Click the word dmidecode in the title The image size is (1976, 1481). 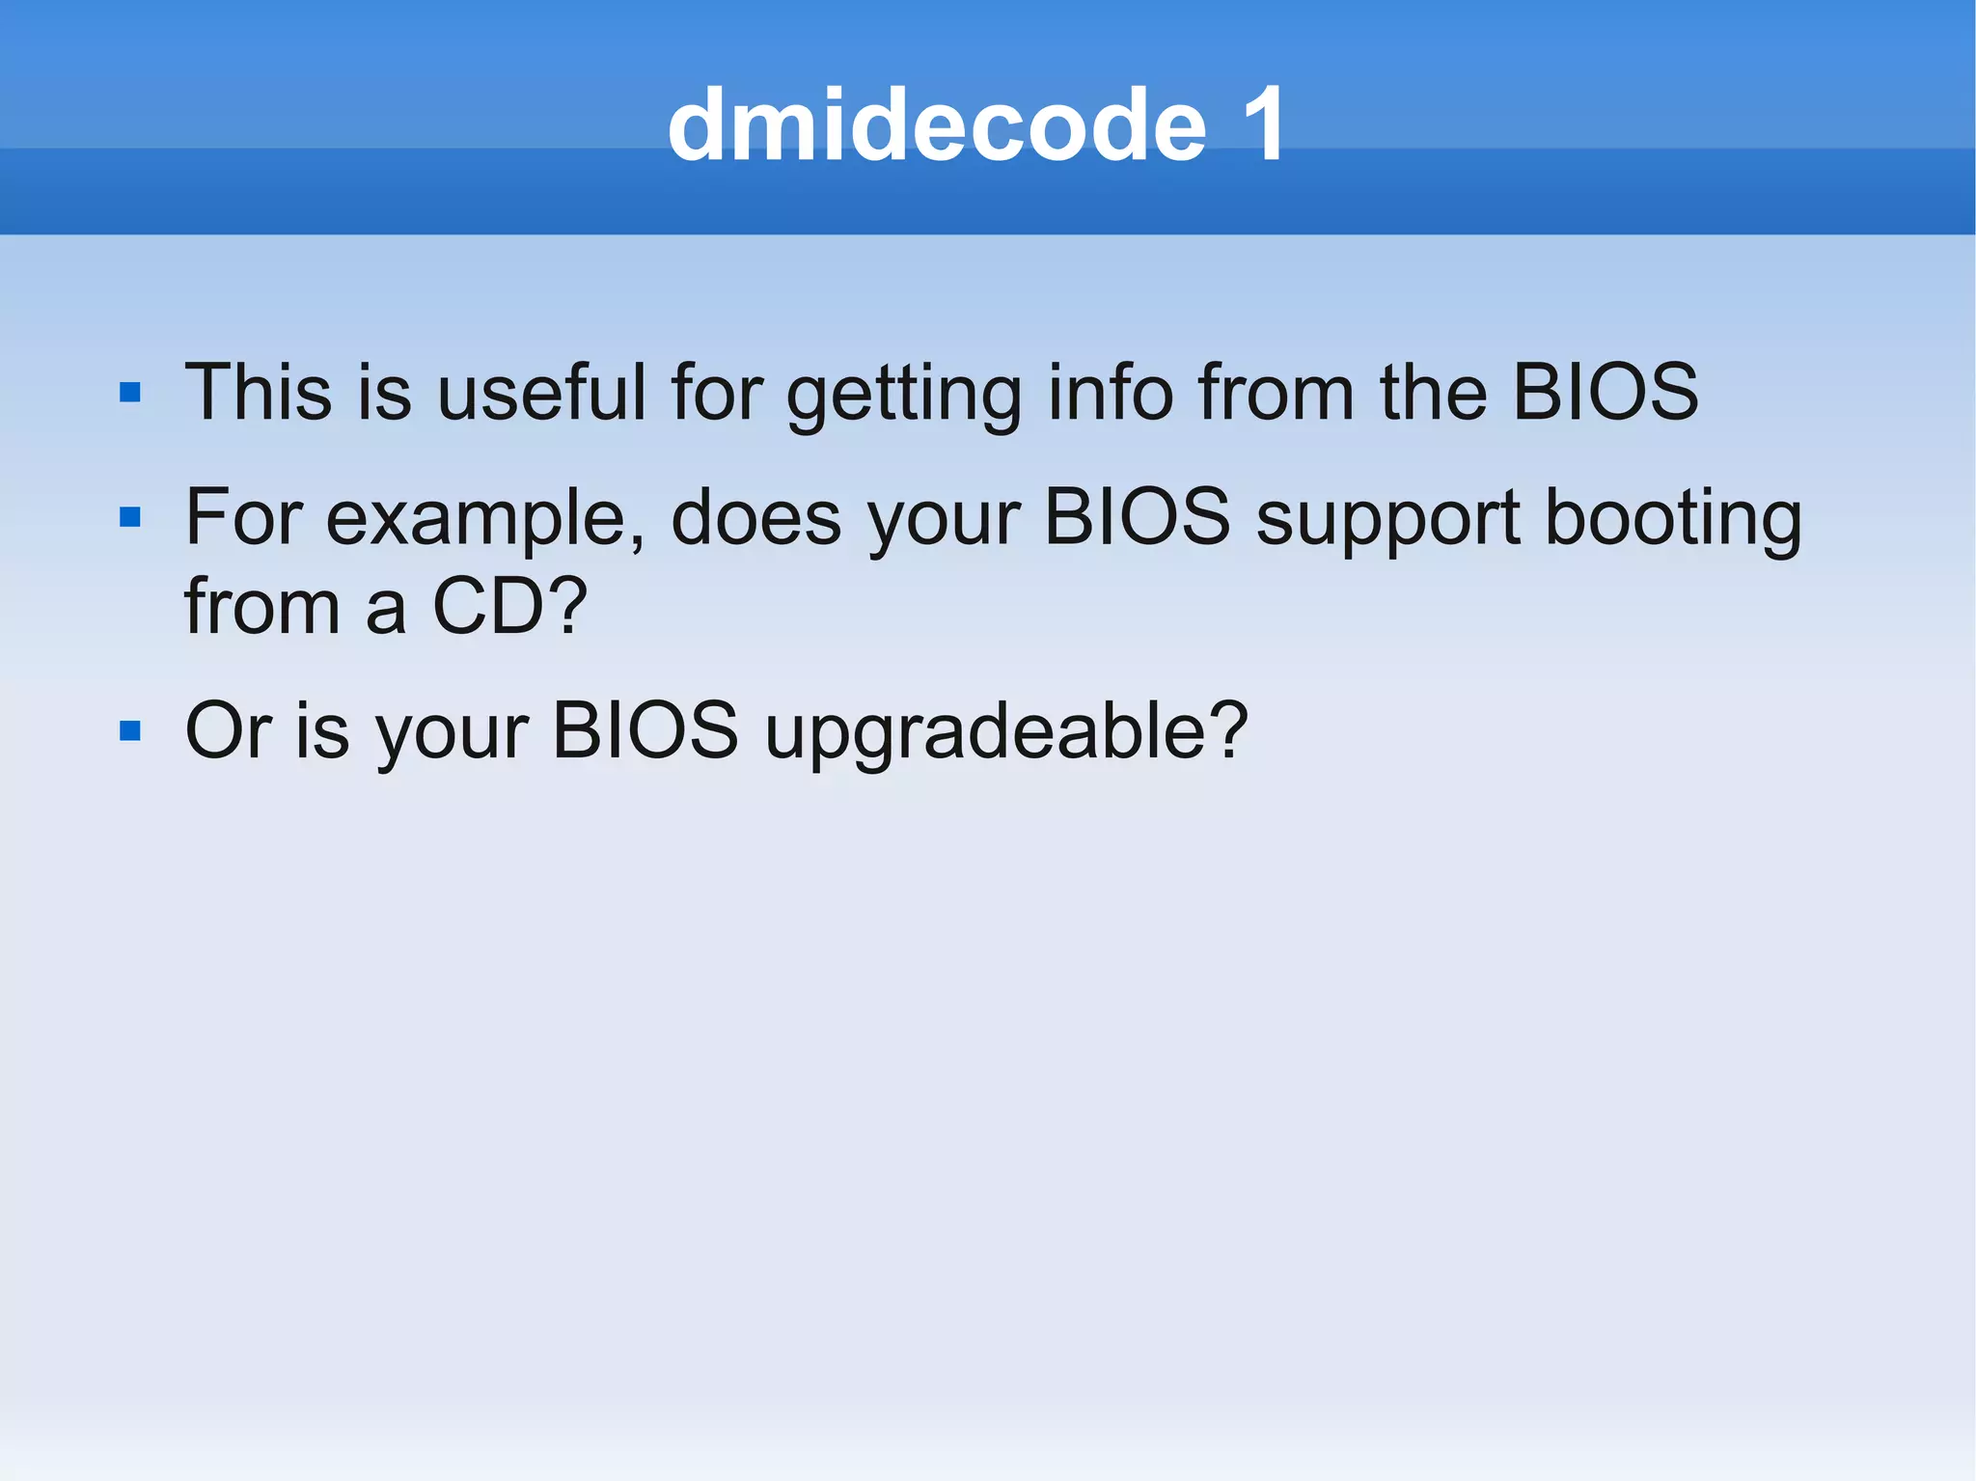point(936,125)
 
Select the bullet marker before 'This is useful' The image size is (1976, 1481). point(130,393)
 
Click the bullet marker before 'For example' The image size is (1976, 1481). point(130,518)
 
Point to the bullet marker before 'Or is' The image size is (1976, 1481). point(130,730)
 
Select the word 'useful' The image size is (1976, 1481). point(541,392)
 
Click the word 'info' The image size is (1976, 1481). point(1110,392)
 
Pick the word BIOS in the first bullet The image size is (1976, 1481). point(1605,392)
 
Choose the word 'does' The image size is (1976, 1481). point(755,517)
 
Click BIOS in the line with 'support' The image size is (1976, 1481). point(1138,517)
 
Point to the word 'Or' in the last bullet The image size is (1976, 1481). point(228,730)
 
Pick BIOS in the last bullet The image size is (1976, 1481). point(645,730)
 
